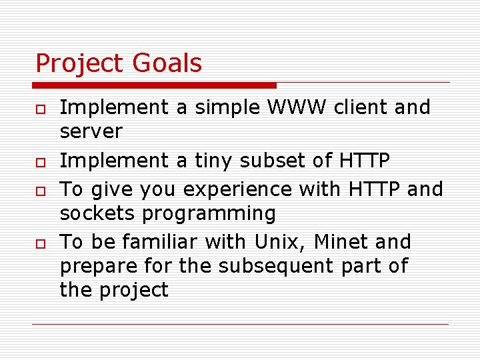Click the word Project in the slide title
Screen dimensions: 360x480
click(x=80, y=64)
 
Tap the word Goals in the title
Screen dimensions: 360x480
click(x=167, y=63)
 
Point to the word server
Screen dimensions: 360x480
click(x=91, y=132)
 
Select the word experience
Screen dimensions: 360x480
click(x=238, y=190)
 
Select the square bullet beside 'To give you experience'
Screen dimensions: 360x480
click(x=40, y=191)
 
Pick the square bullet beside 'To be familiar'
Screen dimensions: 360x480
click(x=40, y=243)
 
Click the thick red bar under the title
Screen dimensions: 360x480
click(x=153, y=85)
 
